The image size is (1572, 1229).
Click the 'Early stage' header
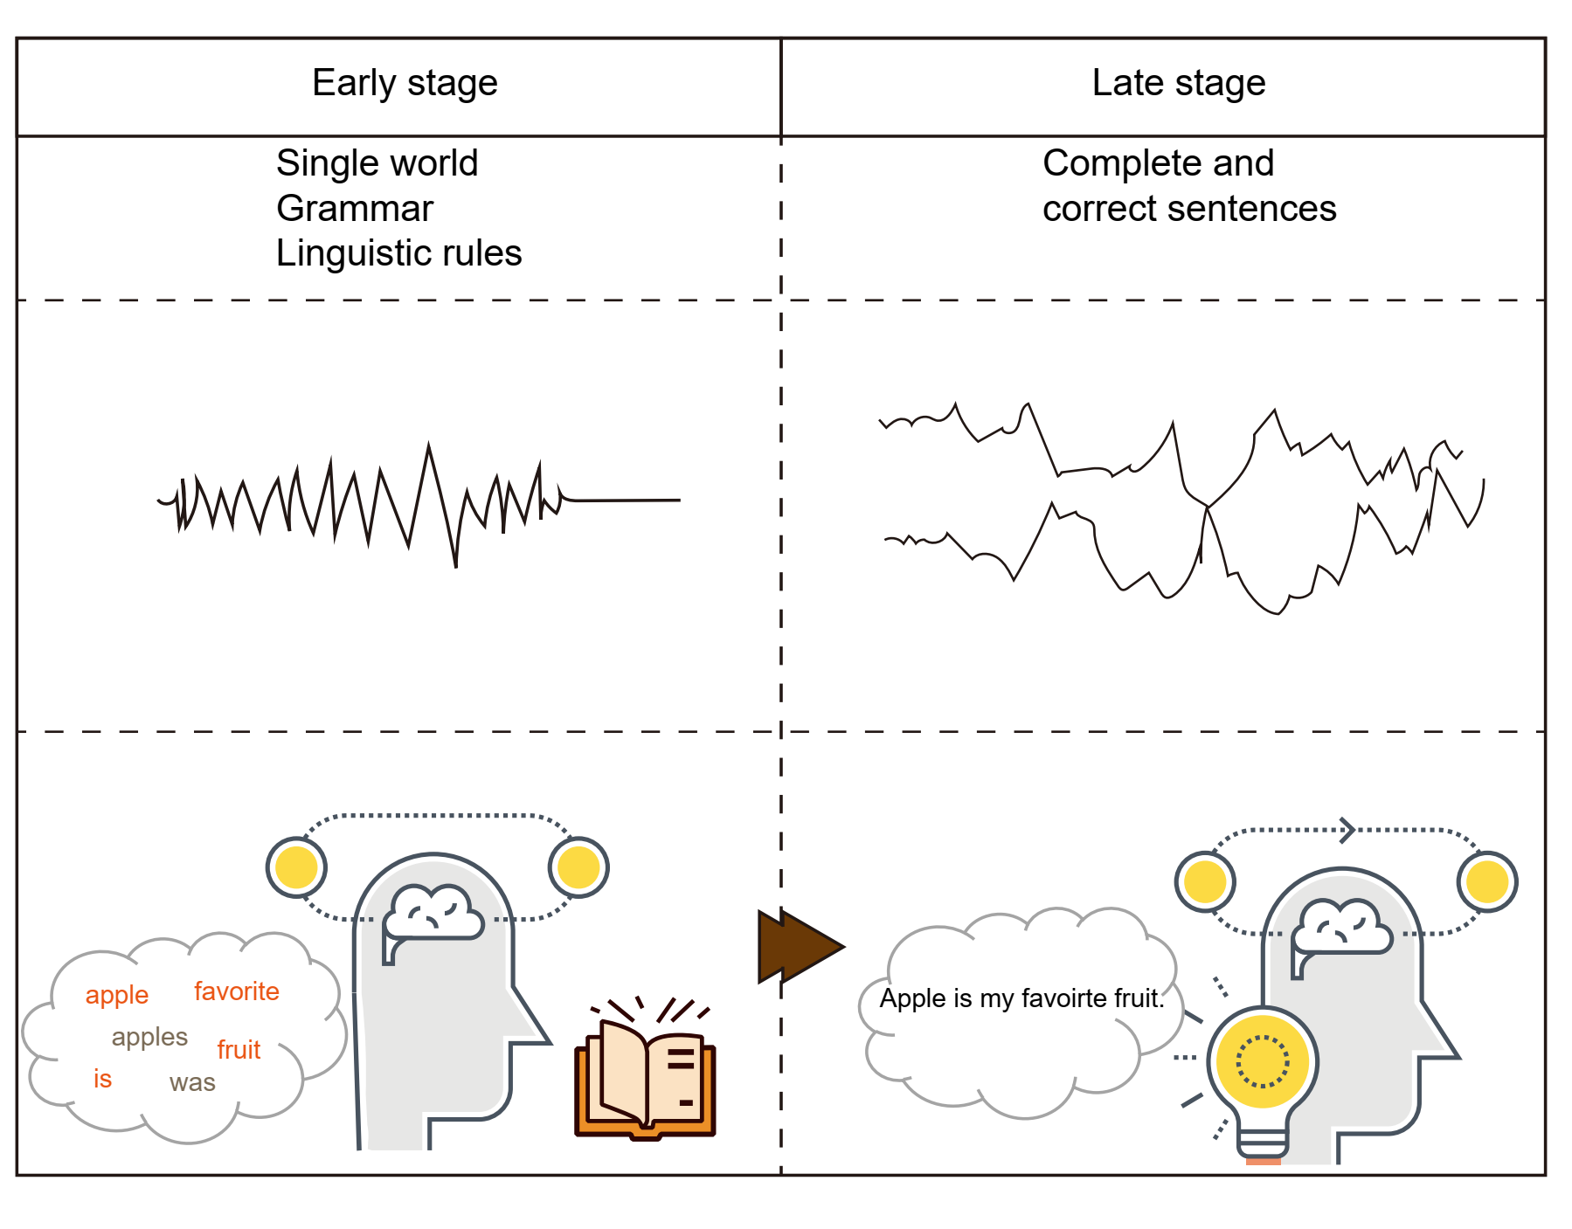(x=405, y=84)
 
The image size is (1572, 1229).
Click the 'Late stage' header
(x=1179, y=84)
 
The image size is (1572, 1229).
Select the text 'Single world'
(x=377, y=163)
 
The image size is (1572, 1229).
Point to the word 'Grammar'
(x=355, y=209)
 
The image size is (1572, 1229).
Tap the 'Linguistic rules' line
(x=398, y=254)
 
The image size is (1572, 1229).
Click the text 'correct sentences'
(x=1189, y=209)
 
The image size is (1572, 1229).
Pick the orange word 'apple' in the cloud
(x=117, y=996)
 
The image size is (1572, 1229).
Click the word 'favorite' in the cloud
(x=237, y=991)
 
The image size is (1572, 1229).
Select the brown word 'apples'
(x=149, y=1038)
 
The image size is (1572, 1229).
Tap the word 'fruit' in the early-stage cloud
(x=239, y=1049)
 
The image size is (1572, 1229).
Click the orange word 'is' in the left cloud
(x=103, y=1079)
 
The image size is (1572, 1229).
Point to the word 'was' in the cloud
(x=192, y=1083)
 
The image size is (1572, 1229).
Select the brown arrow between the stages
(x=798, y=946)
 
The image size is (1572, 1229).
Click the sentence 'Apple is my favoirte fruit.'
(x=1021, y=998)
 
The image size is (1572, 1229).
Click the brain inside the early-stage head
(x=433, y=914)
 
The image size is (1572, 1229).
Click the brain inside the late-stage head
(x=1342, y=929)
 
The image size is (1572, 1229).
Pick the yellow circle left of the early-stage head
(x=296, y=867)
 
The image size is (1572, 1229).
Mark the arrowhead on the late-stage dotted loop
(x=1347, y=830)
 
